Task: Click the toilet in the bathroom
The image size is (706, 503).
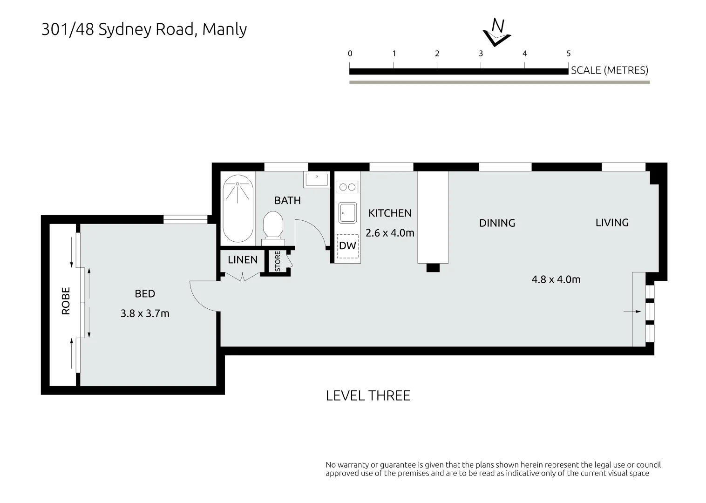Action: tap(273, 226)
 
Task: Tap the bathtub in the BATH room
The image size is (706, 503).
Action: tap(238, 208)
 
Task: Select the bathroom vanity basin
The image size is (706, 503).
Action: tap(316, 179)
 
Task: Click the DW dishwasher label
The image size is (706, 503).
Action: tap(347, 246)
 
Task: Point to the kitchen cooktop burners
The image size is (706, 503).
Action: tap(347, 187)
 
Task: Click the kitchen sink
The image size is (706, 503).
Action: tap(347, 213)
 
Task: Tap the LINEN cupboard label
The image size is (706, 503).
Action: tap(243, 260)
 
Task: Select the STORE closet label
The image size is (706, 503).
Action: tap(278, 262)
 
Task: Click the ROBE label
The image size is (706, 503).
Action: tap(66, 300)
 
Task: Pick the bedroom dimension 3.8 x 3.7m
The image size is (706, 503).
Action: tap(145, 313)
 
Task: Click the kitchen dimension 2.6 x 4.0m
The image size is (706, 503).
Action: tap(390, 233)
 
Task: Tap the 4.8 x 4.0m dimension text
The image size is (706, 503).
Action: tap(556, 279)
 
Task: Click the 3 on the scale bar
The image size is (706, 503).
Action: tap(481, 54)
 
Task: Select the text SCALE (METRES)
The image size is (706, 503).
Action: tap(609, 70)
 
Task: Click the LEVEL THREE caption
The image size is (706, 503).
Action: tap(368, 396)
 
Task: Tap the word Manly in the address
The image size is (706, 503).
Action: tap(224, 29)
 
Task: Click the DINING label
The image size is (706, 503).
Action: tap(497, 223)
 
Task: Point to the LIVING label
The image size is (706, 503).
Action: tap(612, 223)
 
